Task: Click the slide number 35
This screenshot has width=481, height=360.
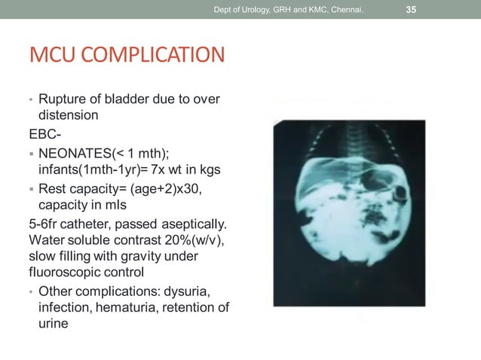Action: (412, 10)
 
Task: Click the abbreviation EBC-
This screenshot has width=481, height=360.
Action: (44, 133)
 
